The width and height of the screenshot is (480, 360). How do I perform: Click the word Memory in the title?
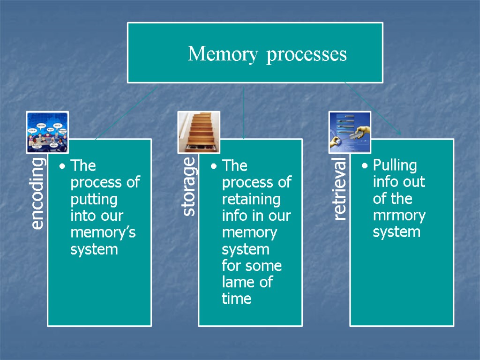[x=222, y=55]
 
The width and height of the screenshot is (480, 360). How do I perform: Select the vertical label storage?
[x=189, y=187]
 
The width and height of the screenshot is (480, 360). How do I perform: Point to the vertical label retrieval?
[x=340, y=189]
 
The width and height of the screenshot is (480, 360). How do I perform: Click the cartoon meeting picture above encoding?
[x=47, y=133]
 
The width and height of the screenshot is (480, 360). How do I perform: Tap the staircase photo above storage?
[x=199, y=132]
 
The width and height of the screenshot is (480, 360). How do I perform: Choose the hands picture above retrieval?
[x=350, y=133]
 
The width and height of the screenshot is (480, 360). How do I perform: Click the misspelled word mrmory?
[x=399, y=216]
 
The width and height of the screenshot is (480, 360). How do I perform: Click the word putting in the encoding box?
[x=93, y=199]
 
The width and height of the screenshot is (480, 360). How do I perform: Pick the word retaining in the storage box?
[x=251, y=199]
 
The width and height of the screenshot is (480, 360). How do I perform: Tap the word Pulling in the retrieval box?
[x=395, y=165]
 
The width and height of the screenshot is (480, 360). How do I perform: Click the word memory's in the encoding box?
[x=103, y=233]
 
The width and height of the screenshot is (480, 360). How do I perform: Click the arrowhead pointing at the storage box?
[x=243, y=136]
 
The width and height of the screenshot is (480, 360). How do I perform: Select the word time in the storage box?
[x=236, y=299]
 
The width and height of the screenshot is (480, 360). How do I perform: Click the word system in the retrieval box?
[x=397, y=232]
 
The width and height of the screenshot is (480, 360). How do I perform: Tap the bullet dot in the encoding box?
[x=63, y=166]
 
